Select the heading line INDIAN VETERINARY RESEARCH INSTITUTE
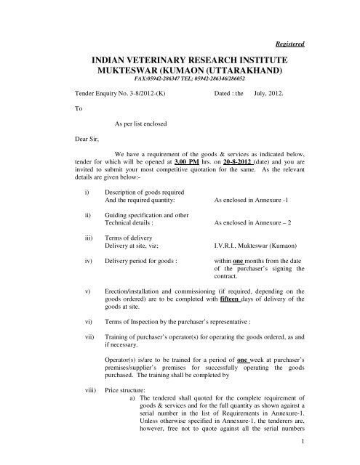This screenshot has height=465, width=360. click(x=179, y=62)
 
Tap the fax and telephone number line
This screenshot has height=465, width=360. click(x=179, y=84)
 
